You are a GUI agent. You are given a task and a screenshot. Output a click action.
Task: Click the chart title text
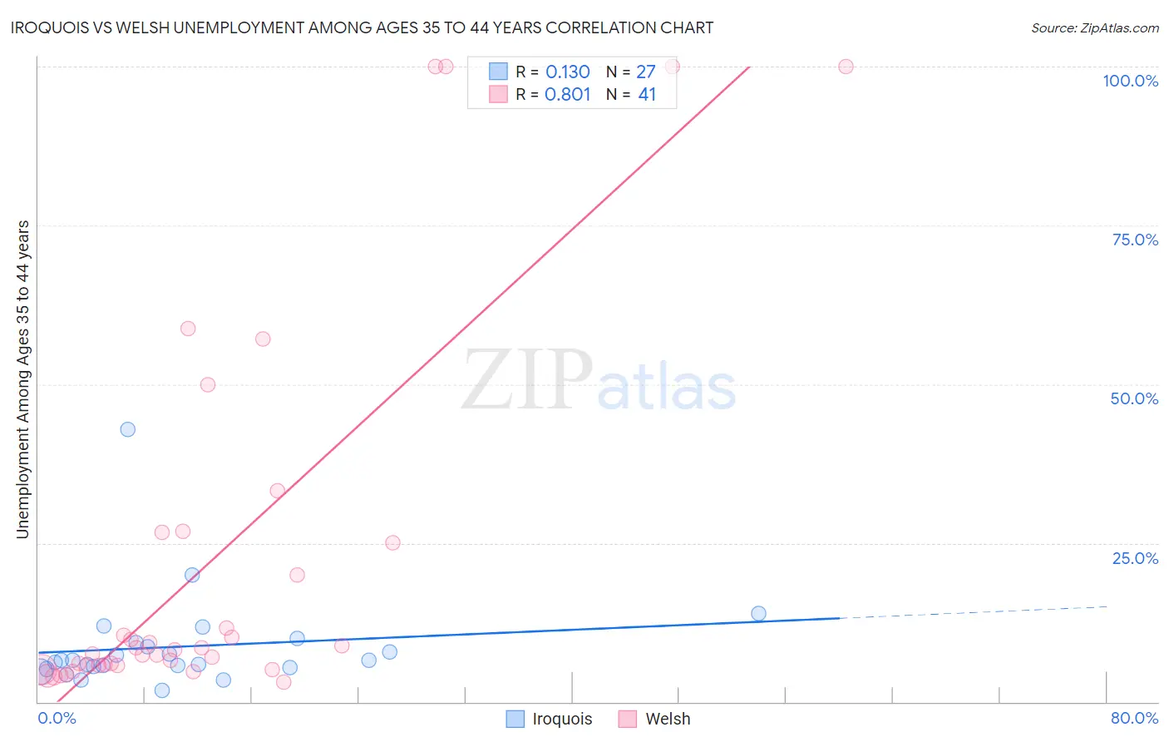point(362,27)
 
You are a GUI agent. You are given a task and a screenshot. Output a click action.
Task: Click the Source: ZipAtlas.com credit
point(1094,27)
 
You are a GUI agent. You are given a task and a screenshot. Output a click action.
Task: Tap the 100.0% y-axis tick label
point(1130,81)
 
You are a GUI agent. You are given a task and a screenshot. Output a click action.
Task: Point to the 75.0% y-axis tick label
point(1135,240)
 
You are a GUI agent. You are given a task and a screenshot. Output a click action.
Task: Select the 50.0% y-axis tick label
point(1134,398)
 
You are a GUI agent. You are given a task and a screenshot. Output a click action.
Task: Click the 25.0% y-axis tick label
point(1135,558)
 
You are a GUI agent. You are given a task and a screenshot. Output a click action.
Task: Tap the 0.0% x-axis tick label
point(57,718)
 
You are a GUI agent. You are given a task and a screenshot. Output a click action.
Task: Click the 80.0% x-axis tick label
point(1134,718)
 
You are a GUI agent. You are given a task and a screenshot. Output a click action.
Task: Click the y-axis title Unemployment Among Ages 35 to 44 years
point(22,379)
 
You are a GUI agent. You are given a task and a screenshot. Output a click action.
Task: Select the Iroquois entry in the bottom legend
point(550,719)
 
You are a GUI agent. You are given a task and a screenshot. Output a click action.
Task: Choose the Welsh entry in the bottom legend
point(655,719)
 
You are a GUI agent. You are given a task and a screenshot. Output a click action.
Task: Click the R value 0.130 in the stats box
point(567,72)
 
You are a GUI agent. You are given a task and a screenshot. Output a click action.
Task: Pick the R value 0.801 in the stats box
point(567,94)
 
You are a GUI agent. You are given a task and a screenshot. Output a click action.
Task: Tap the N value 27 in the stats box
point(646,72)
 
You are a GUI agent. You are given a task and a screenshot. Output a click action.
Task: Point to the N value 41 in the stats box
point(647,94)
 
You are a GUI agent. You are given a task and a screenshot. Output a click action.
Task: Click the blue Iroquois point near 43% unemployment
point(127,429)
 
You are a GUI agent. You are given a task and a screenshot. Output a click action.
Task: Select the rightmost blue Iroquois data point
point(758,614)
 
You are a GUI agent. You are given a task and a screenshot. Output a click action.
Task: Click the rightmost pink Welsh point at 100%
point(846,67)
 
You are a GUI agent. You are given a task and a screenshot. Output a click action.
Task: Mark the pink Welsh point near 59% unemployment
point(188,329)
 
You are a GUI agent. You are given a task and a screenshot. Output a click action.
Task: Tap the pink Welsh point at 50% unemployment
point(208,384)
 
